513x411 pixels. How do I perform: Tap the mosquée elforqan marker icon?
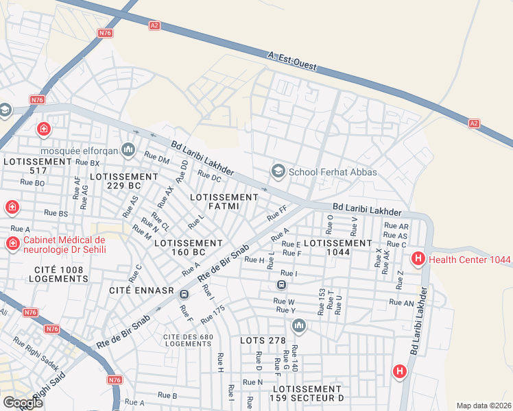128,149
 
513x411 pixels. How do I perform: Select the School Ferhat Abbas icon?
278,170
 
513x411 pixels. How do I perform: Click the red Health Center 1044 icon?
417,258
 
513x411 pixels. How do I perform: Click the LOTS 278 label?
263,340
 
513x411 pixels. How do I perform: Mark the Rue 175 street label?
213,314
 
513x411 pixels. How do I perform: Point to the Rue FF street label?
277,214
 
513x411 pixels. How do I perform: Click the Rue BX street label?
88,163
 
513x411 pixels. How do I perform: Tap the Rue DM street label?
156,158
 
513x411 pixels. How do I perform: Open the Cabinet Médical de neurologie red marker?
12,243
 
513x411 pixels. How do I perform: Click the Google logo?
23,403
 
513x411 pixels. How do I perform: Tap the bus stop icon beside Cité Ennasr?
184,294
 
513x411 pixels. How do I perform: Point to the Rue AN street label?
401,302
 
